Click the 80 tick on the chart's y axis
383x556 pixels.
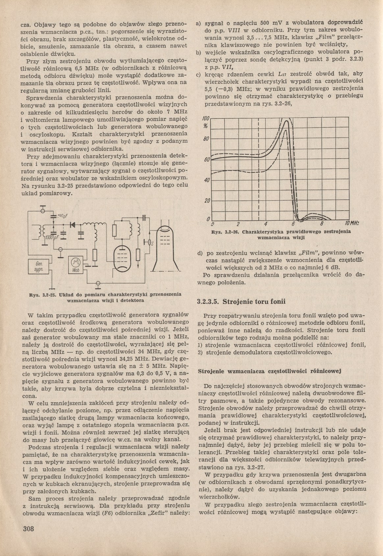point(206,139)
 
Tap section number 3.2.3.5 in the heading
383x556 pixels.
point(208,301)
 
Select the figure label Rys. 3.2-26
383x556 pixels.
point(226,232)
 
